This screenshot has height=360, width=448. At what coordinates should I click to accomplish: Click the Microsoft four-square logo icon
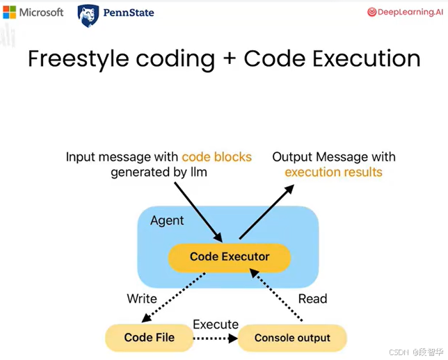coord(10,13)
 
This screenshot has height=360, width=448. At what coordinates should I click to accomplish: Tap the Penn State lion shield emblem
coord(88,16)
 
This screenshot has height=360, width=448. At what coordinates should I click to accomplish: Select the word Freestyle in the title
coord(79,59)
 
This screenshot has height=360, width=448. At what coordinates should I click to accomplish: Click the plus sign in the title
coord(230,59)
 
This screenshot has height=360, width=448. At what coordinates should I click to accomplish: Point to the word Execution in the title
coord(367,58)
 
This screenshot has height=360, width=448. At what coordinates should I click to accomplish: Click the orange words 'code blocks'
coord(216,157)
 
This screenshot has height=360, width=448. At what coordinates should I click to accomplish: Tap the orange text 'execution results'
coord(333,172)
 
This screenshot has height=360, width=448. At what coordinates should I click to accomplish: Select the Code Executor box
coord(230,258)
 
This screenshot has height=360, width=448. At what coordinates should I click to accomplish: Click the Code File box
coord(149,338)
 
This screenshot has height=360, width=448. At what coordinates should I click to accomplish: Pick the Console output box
coord(292,338)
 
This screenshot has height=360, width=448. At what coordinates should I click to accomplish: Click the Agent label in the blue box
coord(167,221)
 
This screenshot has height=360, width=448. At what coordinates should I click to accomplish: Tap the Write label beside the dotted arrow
coord(142,299)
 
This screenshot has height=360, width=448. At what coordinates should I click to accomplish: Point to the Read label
coord(312,299)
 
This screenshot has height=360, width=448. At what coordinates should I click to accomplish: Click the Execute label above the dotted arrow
coord(216,325)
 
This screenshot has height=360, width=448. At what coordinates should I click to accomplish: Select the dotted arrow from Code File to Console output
coord(216,338)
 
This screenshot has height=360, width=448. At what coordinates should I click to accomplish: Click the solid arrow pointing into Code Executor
coord(198,213)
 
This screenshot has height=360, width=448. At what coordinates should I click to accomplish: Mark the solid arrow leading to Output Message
coord(266,211)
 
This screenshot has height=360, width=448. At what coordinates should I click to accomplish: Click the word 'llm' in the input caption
coord(198,172)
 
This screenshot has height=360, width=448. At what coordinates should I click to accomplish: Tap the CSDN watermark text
coord(416,352)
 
